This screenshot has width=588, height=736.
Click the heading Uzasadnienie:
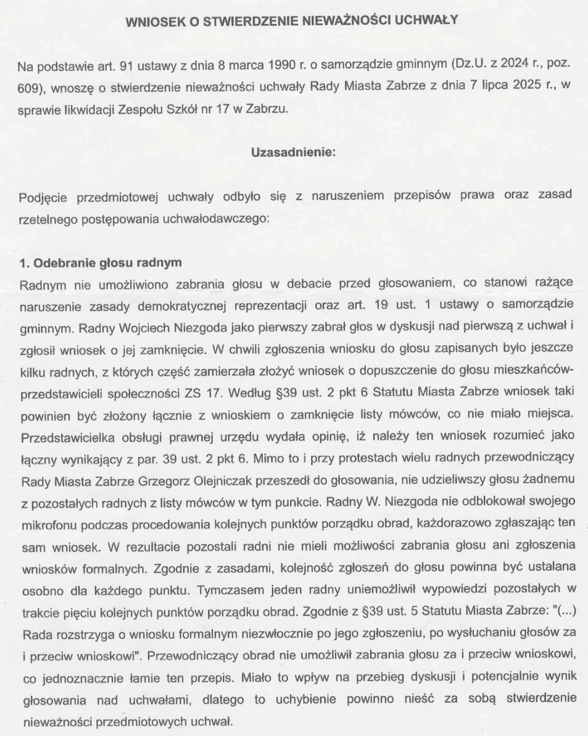tap(293, 153)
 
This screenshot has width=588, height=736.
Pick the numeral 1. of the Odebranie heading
tap(24, 262)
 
